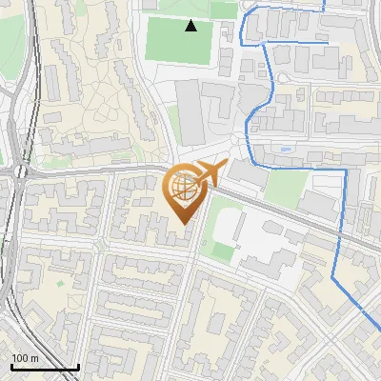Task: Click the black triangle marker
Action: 191,26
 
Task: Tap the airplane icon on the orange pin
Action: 209,173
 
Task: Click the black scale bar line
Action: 45,369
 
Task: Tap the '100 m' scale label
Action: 24,358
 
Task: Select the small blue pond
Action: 287,150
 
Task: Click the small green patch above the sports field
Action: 224,10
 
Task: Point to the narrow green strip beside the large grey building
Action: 174,124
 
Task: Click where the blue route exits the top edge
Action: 325,3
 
